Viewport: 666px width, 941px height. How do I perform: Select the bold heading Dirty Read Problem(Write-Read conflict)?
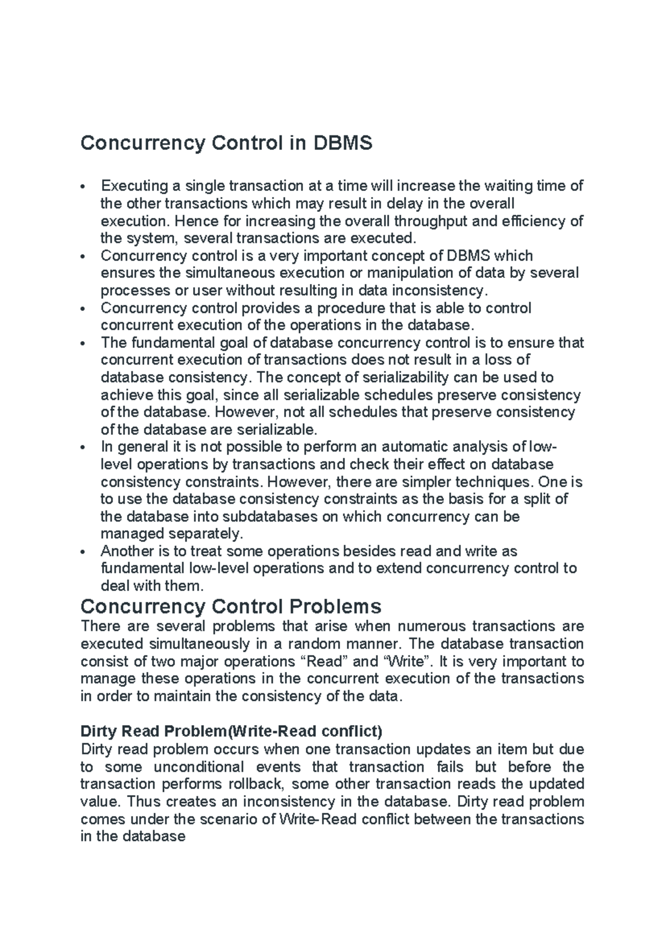231,731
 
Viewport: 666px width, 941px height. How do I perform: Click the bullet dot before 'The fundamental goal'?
82,343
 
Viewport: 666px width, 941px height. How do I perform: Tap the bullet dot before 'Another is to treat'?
82,552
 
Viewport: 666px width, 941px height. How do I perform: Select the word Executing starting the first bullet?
134,186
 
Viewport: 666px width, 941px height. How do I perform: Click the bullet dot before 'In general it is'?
82,447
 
